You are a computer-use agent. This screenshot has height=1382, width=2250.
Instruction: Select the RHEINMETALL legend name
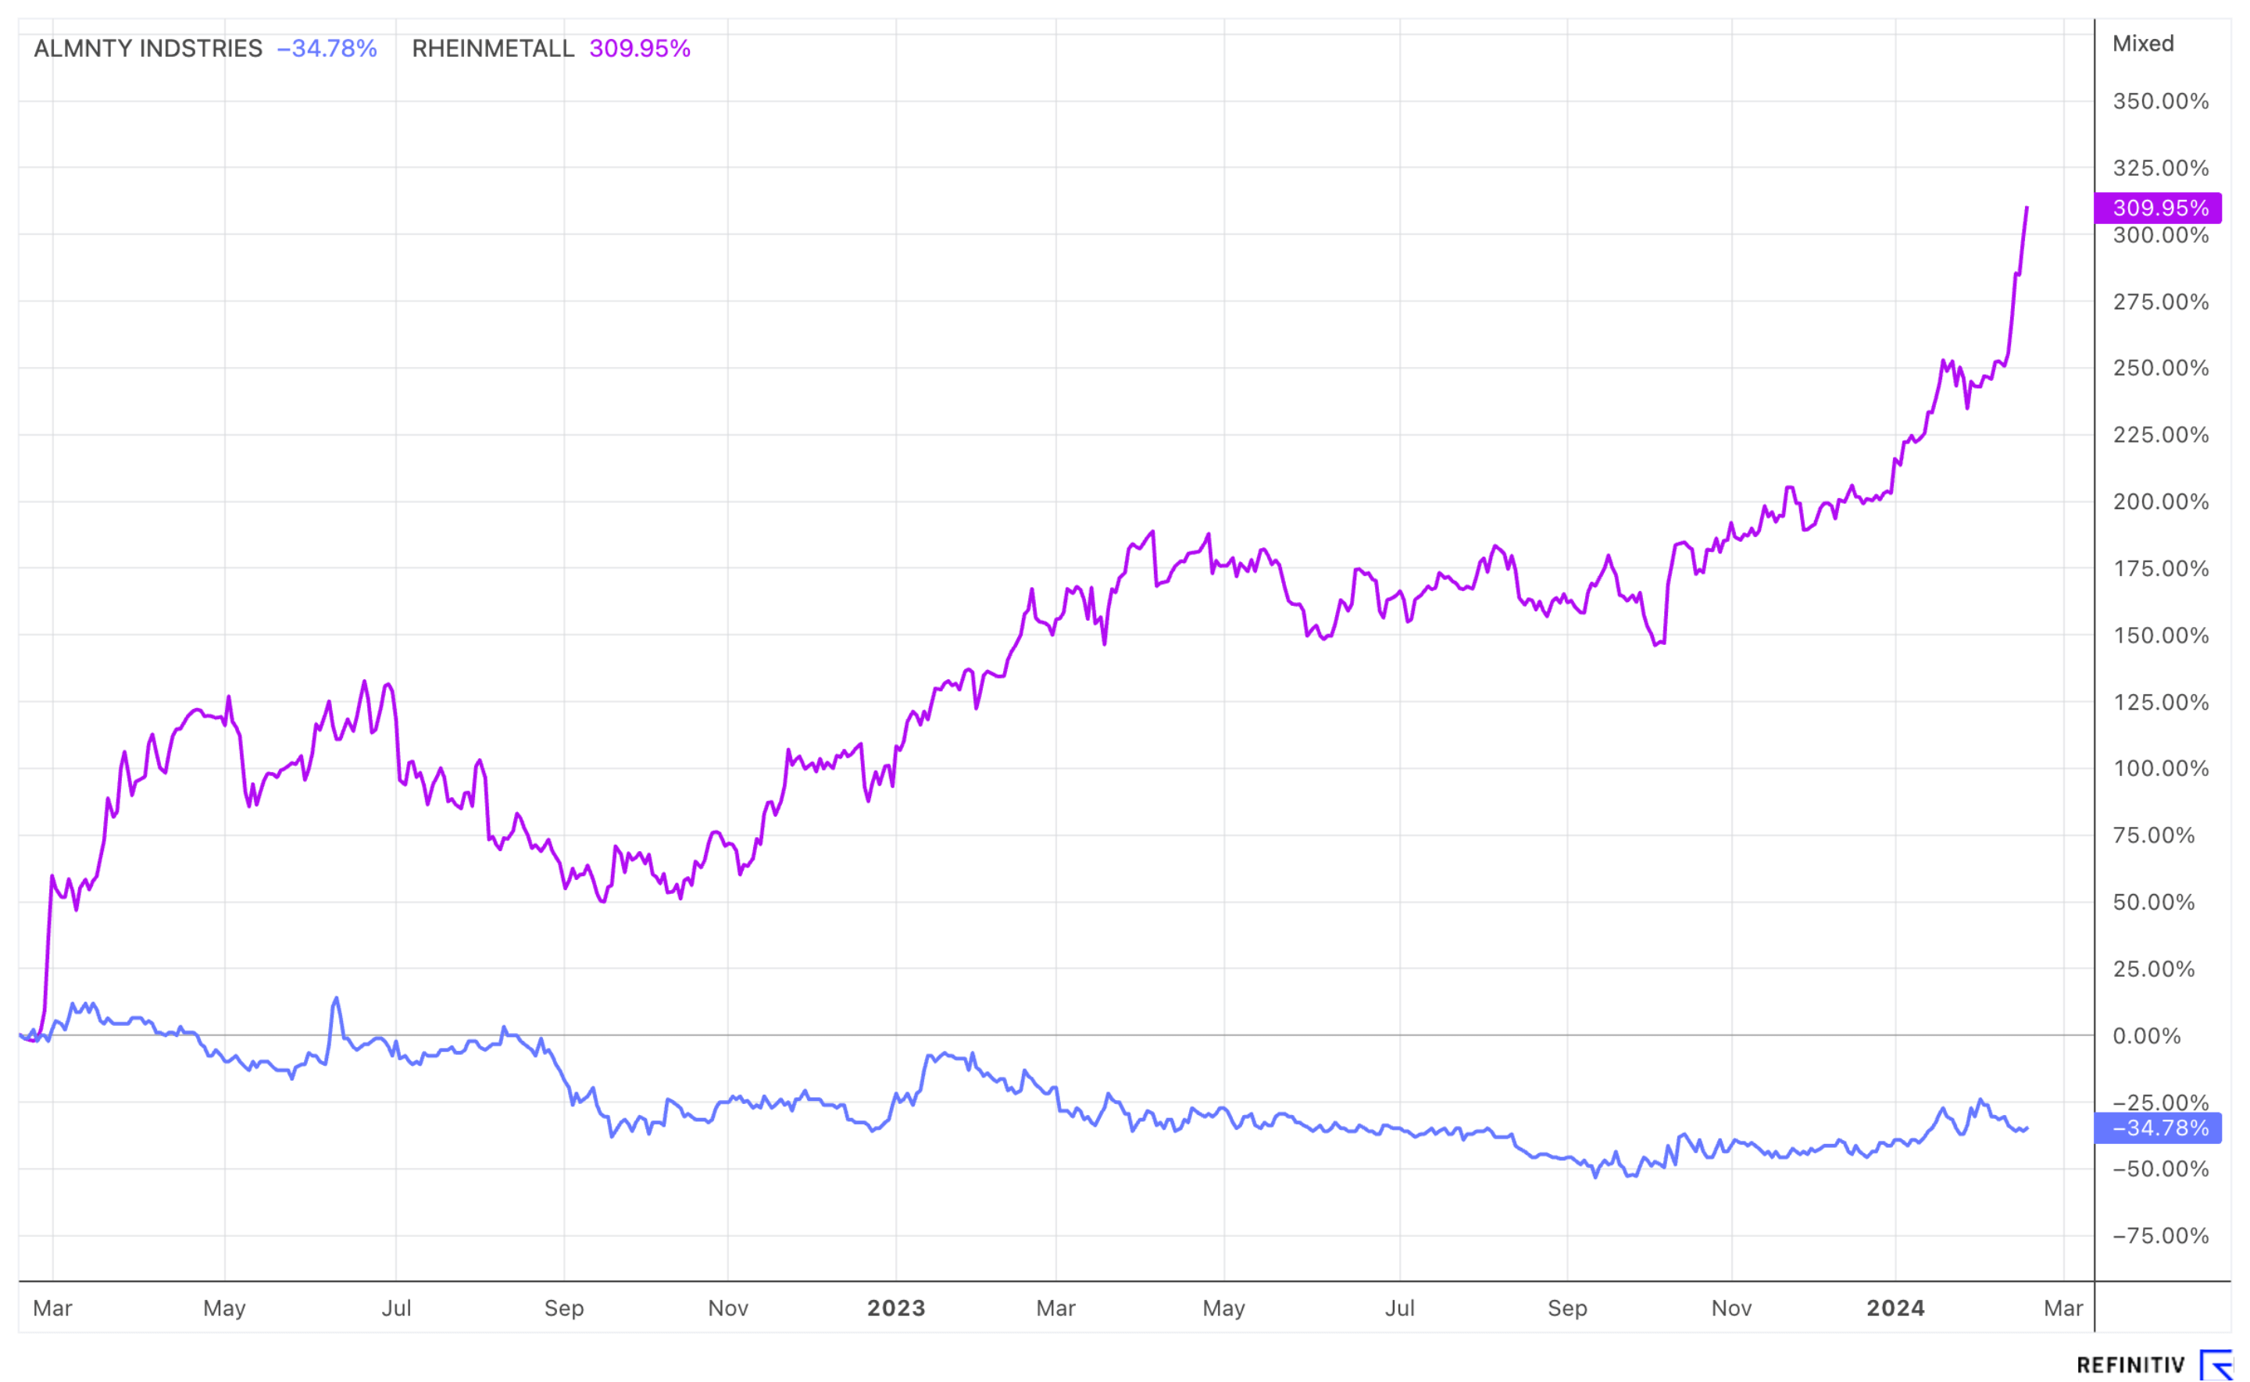[492, 48]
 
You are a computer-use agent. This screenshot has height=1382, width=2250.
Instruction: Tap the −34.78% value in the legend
[327, 48]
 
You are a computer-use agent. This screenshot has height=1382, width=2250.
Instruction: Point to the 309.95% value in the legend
[639, 48]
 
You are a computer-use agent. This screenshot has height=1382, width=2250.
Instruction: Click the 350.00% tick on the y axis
[2159, 102]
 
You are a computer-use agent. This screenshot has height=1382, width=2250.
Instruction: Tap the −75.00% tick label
[2159, 1237]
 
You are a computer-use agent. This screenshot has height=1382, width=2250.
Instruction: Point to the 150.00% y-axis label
[2159, 636]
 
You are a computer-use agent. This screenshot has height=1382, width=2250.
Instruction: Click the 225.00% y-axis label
[2159, 435]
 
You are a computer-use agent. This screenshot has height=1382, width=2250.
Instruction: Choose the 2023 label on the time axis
[895, 1309]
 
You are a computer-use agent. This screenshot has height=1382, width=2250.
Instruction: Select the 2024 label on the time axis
[1895, 1309]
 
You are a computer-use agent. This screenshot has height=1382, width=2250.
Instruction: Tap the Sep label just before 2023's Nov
[1567, 1309]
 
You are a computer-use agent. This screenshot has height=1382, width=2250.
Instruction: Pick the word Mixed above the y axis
[2142, 44]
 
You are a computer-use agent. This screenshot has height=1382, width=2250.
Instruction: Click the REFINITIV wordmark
[2130, 1366]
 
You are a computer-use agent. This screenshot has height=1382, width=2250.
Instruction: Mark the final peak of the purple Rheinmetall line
[2027, 208]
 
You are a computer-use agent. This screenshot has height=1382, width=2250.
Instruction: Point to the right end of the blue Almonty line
[2027, 1129]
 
